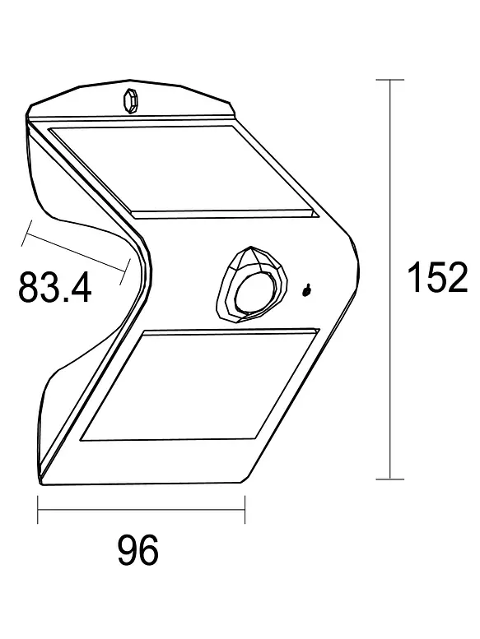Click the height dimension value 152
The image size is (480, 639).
click(x=437, y=278)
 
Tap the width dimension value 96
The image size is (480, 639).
click(x=138, y=550)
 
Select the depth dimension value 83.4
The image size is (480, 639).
click(x=54, y=288)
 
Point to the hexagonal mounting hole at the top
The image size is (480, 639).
click(x=129, y=100)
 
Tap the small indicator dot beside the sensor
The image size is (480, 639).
click(x=306, y=289)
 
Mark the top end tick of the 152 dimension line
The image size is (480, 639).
click(x=390, y=80)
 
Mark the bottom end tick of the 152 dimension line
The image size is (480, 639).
click(x=390, y=478)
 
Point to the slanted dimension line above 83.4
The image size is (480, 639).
click(x=76, y=252)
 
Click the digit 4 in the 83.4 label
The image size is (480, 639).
click(x=79, y=288)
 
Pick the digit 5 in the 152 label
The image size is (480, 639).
click(x=437, y=278)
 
